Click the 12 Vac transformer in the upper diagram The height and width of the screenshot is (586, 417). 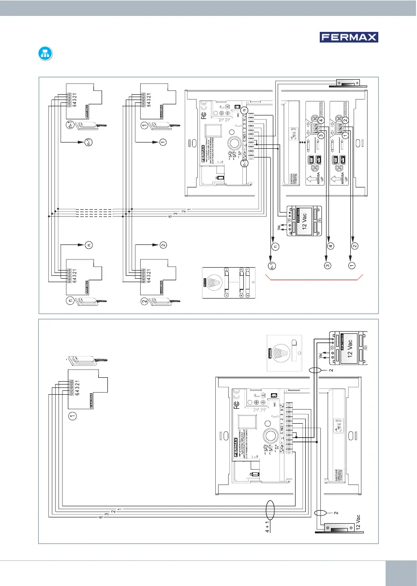click(302, 221)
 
